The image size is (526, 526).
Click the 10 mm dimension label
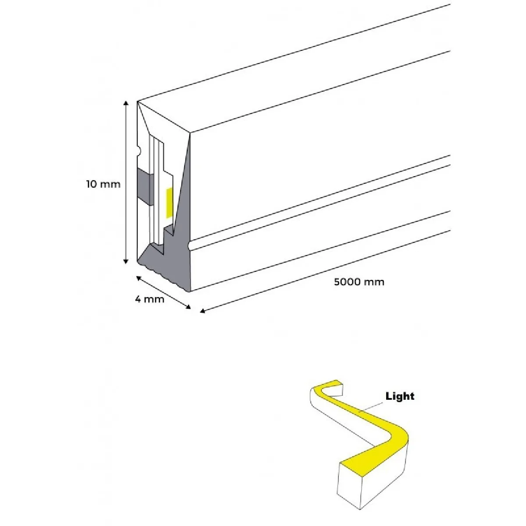[x=103, y=184]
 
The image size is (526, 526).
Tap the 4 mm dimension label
[x=149, y=299]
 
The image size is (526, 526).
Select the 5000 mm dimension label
[x=359, y=282]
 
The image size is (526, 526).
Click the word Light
[x=400, y=396]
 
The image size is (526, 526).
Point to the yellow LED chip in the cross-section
[x=170, y=203]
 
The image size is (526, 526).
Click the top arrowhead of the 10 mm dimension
[x=126, y=103]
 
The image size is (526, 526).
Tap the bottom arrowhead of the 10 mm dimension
[x=126, y=262]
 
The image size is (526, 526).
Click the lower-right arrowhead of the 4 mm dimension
[x=188, y=307]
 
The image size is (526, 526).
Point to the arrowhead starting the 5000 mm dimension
[x=202, y=311]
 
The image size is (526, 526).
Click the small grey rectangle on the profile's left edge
[x=145, y=187]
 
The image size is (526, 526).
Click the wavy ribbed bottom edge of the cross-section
[x=163, y=276]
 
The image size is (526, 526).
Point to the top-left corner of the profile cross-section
[x=137, y=101]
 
